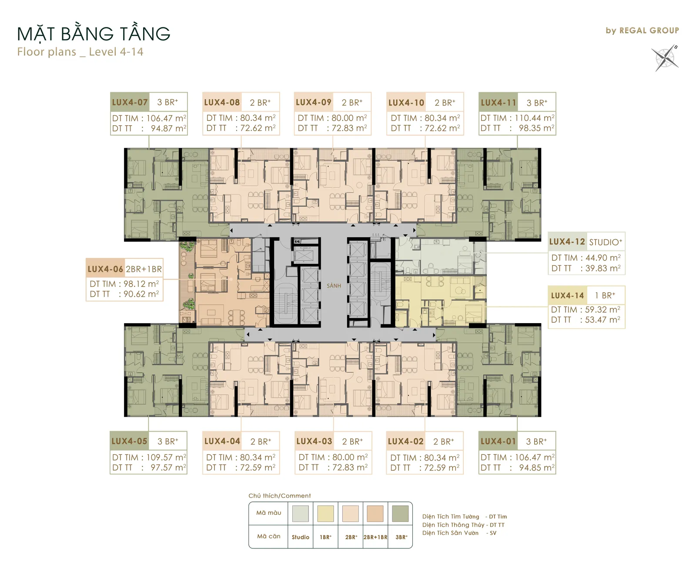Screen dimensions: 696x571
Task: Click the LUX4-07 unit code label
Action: coord(130,102)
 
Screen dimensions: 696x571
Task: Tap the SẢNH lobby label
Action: coord(334,286)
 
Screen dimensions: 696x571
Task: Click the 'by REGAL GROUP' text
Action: coord(642,31)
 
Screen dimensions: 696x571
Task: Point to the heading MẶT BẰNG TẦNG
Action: coord(94,33)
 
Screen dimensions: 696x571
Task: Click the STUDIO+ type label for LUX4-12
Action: coord(606,242)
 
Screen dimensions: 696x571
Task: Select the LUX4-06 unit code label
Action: coord(105,269)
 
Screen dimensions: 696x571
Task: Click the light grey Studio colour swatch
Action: coord(300,514)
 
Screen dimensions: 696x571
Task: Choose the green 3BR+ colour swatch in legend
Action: coord(400,514)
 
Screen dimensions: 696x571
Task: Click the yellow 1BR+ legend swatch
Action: coord(325,514)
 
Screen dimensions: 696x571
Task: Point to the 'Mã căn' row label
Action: coord(269,536)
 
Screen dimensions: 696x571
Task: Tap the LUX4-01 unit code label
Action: coord(499,441)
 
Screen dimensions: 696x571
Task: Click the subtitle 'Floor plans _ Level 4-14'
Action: coord(80,52)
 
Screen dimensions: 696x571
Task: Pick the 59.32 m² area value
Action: coord(602,309)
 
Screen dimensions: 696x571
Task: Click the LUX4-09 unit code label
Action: coord(314,102)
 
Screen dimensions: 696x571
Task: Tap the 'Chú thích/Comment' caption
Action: coord(280,495)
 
